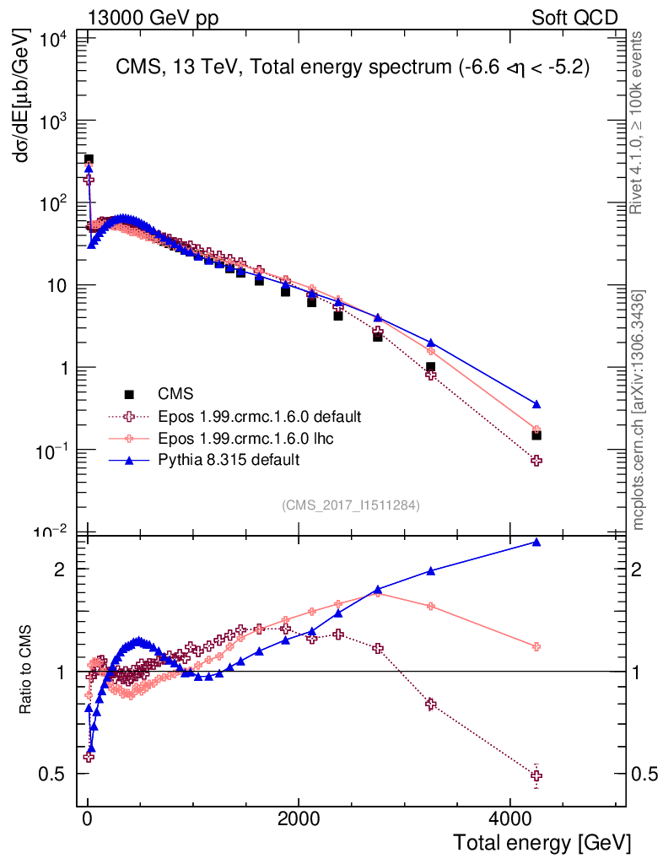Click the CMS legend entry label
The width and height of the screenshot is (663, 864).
(x=175, y=393)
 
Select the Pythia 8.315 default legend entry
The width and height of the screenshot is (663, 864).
(x=229, y=460)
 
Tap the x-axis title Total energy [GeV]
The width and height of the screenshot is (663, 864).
(x=542, y=842)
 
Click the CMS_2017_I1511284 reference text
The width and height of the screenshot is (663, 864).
(x=351, y=505)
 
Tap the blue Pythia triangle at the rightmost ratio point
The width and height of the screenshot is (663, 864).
(x=536, y=542)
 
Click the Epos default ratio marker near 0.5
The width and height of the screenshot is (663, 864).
(x=536, y=775)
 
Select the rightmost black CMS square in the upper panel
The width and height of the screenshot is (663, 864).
(x=536, y=435)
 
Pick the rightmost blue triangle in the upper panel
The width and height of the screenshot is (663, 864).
(x=536, y=404)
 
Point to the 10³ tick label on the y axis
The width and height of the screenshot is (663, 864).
(x=52, y=121)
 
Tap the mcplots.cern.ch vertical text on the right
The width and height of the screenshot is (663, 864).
(x=639, y=410)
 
